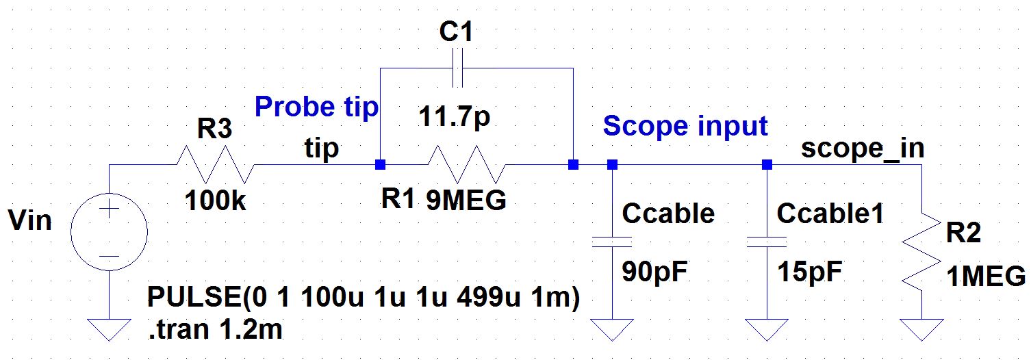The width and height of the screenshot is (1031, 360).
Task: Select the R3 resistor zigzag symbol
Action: [x=216, y=165]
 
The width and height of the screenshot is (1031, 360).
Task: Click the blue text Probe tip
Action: [x=316, y=107]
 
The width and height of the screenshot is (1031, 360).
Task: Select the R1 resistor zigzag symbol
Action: [x=466, y=165]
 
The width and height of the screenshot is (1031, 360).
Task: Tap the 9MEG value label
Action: [x=466, y=201]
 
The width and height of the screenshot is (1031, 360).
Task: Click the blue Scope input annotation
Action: [x=685, y=127]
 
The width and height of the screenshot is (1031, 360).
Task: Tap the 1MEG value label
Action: [x=987, y=278]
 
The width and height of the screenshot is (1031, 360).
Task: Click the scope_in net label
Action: [x=862, y=149]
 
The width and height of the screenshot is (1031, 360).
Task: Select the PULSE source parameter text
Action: [x=364, y=299]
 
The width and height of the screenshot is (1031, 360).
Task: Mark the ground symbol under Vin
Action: [x=109, y=329]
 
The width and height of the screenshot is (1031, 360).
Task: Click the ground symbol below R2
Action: [x=922, y=329]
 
